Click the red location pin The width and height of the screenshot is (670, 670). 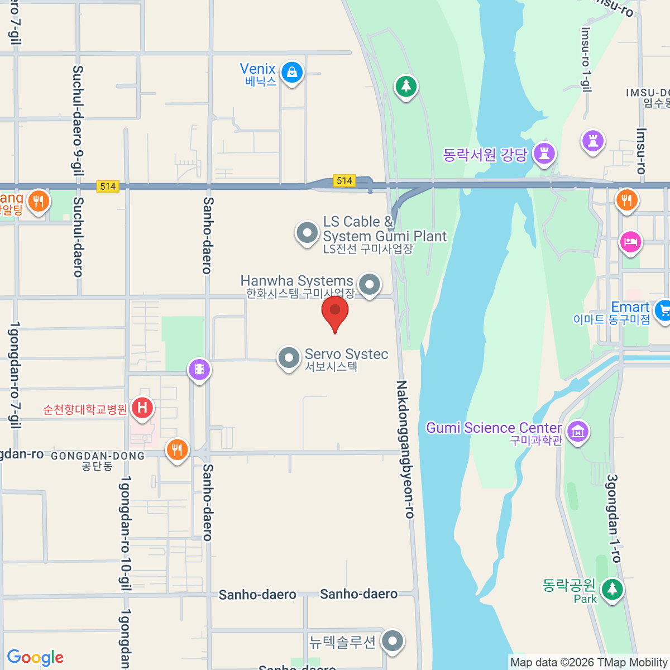tap(335, 313)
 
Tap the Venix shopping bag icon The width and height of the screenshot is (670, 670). tap(291, 72)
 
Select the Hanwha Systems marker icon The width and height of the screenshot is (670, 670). tap(369, 284)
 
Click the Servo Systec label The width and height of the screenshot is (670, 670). tap(346, 355)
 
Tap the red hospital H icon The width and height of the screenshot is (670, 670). tap(142, 408)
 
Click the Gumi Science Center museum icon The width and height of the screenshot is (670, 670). tap(578, 432)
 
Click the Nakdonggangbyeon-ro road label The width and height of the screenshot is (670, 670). tap(405, 449)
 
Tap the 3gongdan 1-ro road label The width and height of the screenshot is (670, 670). tap(613, 518)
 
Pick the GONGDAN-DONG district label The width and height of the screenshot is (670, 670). tap(98, 456)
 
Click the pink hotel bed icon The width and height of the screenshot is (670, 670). tap(630, 242)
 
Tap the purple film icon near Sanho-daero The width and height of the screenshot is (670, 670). tap(199, 369)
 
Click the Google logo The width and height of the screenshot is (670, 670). tap(36, 658)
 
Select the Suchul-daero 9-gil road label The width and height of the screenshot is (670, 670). tap(78, 120)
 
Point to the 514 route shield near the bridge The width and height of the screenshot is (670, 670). tap(344, 180)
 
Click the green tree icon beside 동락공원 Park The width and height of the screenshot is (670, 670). tap(612, 589)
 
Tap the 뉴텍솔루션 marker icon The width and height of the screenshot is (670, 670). tap(393, 640)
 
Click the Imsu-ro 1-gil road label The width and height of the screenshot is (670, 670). tap(586, 59)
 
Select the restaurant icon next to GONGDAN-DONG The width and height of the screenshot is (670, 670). tap(177, 449)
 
